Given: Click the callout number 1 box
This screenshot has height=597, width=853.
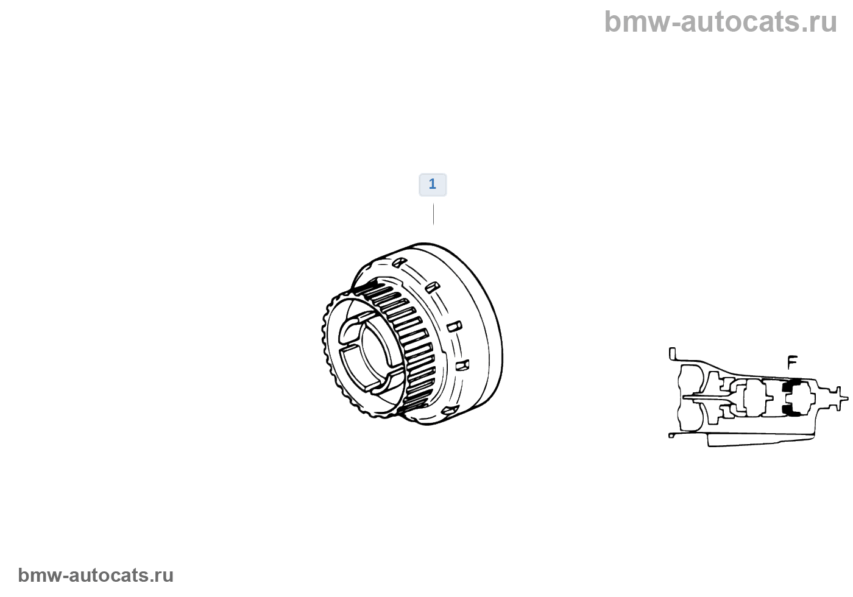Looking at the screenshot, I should pyautogui.click(x=433, y=185).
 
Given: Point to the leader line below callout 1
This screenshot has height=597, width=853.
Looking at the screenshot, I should pyautogui.click(x=433, y=214).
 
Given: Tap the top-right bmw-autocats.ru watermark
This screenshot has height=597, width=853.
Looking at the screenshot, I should pyautogui.click(x=720, y=22).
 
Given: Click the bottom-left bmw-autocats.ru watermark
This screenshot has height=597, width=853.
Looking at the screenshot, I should pyautogui.click(x=96, y=575).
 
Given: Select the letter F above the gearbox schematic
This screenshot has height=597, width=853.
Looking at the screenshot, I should pyautogui.click(x=792, y=362).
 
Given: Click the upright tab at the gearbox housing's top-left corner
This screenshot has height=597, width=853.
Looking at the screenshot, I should pyautogui.click(x=672, y=353).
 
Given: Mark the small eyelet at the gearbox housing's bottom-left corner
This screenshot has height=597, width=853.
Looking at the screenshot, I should pyautogui.click(x=671, y=435).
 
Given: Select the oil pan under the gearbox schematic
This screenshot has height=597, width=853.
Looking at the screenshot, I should pyautogui.click(x=759, y=440).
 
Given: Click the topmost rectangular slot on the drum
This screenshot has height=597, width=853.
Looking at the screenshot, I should pyautogui.click(x=399, y=262).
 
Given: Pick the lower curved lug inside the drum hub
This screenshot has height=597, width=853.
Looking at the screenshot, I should pyautogui.click(x=372, y=384).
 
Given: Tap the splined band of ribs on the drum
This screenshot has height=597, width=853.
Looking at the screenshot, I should pyautogui.click(x=414, y=341).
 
